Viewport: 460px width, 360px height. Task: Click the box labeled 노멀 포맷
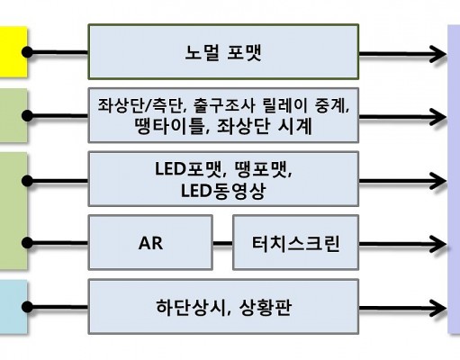pyautogui.click(x=223, y=52)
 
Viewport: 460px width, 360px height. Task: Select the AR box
pyautogui.click(x=150, y=242)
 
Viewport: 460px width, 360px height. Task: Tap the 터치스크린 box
pyautogui.click(x=295, y=242)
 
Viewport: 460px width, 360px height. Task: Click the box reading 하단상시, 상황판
pyautogui.click(x=223, y=307)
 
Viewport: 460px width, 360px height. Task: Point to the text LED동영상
pyautogui.click(x=223, y=191)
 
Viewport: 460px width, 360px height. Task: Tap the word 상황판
pyautogui.click(x=266, y=308)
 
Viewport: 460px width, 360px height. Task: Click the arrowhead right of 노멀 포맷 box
pyautogui.click(x=437, y=54)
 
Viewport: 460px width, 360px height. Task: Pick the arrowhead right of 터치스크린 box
pyautogui.click(x=437, y=244)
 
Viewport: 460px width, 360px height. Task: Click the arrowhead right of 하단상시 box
pyautogui.click(x=437, y=308)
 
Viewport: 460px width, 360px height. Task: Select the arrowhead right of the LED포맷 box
pyautogui.click(x=437, y=181)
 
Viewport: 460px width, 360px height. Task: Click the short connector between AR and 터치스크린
pyautogui.click(x=222, y=243)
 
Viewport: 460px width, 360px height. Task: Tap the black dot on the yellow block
pyautogui.click(x=27, y=52)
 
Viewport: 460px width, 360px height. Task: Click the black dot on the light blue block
pyautogui.click(x=27, y=307)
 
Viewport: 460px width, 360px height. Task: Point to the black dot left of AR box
pyautogui.click(x=27, y=243)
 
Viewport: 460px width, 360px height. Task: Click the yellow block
pyautogui.click(x=14, y=52)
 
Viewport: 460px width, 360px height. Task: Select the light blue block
pyautogui.click(x=14, y=307)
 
